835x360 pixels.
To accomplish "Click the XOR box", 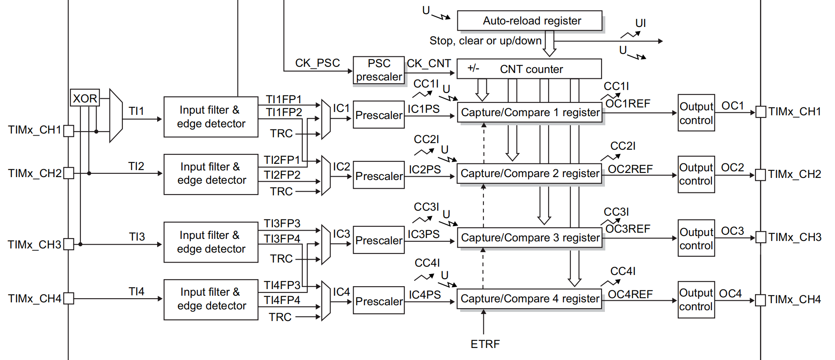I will click(85, 98).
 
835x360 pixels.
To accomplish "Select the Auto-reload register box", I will click(529, 21).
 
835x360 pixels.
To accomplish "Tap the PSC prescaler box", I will click(379, 70).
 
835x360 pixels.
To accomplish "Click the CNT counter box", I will click(529, 69).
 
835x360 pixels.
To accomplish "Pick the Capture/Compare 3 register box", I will click(529, 238).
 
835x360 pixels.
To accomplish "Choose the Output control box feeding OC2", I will click(696, 174).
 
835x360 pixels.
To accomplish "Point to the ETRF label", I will click(485, 344).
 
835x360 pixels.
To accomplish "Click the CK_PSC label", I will click(317, 63).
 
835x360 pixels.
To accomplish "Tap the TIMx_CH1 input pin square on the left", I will click(69, 131).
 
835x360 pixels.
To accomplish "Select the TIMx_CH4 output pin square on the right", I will click(760, 300).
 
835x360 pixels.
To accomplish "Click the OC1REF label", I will click(628, 104).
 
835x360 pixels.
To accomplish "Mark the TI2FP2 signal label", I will click(282, 175).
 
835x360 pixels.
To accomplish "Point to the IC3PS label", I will click(423, 234).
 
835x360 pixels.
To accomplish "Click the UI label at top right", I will click(641, 23).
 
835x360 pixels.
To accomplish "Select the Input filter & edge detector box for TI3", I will click(211, 242).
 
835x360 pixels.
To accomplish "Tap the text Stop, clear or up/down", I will click(485, 41).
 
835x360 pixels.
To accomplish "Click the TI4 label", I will click(136, 292).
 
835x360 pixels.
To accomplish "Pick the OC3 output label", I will click(732, 231).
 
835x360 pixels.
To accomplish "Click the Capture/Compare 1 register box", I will click(529, 112).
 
